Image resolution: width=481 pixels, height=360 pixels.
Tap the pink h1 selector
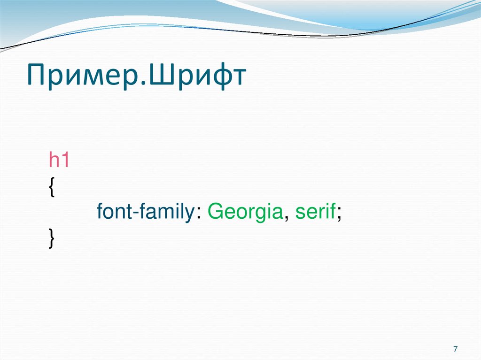click(59, 161)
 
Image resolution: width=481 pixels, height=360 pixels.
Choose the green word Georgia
click(245, 214)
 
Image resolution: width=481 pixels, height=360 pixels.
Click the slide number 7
click(455, 349)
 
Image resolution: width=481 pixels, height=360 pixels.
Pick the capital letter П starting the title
click(36, 75)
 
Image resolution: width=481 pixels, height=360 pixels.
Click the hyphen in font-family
click(135, 214)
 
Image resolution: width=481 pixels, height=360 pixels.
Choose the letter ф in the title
click(216, 77)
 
